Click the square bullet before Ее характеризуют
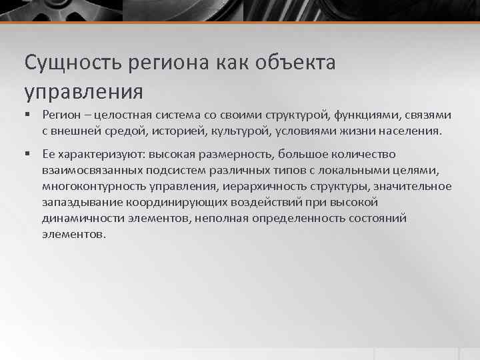pyautogui.click(x=28, y=155)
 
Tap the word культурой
pyautogui.click(x=238, y=131)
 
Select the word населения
pyautogui.click(x=409, y=131)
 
